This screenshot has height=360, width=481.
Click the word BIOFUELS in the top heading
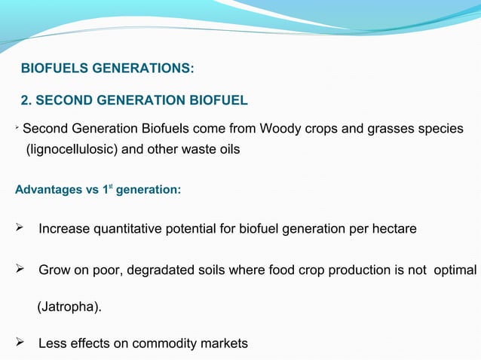52,69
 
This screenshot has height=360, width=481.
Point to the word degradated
161,269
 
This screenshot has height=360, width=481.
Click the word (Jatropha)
68,307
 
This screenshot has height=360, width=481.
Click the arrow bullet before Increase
21,227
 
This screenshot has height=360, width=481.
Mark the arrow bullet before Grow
21,269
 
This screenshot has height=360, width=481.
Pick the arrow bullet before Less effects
21,343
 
